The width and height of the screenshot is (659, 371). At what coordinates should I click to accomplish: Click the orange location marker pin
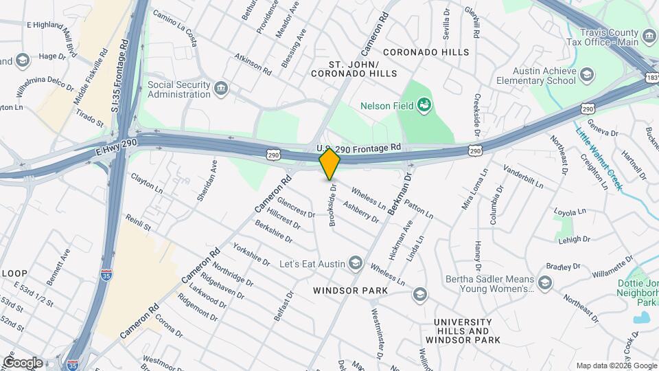(x=330, y=164)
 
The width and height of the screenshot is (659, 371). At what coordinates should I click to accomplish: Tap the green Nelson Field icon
(x=425, y=105)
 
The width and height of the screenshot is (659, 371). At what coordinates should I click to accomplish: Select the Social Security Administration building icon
(x=221, y=88)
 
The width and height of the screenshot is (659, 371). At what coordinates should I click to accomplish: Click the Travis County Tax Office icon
(x=649, y=35)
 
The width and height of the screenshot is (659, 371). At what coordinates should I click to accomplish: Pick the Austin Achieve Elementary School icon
(x=587, y=74)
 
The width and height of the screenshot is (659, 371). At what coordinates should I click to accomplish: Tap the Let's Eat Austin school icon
(x=355, y=263)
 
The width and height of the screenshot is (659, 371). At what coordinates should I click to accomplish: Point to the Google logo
(x=23, y=362)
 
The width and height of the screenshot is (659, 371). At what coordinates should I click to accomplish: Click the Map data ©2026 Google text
(x=616, y=366)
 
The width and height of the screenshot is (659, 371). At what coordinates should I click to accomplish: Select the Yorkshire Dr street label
(x=251, y=254)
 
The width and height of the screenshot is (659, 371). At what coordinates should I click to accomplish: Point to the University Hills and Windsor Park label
(x=462, y=330)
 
